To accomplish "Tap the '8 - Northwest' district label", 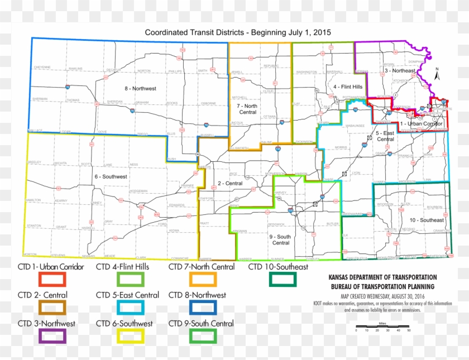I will (140, 88).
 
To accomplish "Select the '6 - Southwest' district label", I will (111, 176).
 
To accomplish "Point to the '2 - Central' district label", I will (229, 183).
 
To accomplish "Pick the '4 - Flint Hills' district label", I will (348, 87).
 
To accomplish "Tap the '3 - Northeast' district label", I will (400, 71).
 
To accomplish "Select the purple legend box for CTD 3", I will (52, 336).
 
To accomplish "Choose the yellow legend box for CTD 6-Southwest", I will (131, 336).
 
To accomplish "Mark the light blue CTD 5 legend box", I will (131, 307).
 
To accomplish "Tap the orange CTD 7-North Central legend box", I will (203, 278).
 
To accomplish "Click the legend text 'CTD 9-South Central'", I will (201, 324).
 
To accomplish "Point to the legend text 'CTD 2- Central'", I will (42, 295).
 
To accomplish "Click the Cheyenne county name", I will (42, 67).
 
